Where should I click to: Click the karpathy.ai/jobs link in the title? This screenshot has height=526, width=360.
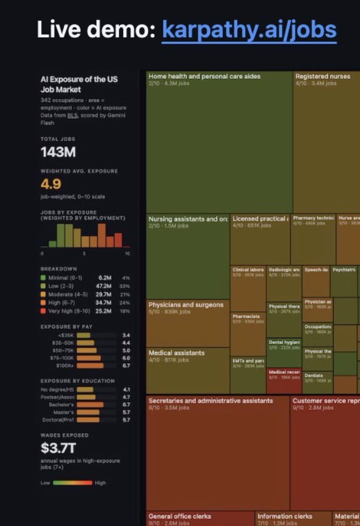[249, 30]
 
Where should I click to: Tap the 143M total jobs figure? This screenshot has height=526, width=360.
[58, 152]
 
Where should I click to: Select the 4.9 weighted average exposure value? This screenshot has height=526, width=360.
[51, 183]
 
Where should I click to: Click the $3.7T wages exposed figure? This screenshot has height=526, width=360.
[58, 448]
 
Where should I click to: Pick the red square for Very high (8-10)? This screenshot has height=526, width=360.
[43, 311]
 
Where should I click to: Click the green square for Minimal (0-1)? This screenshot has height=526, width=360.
[43, 278]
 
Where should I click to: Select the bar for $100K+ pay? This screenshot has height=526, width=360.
[90, 365]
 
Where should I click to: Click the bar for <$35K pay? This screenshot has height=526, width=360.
[83, 335]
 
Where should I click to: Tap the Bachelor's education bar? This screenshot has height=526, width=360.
[90, 405]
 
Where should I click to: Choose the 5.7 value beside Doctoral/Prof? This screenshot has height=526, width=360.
[126, 419]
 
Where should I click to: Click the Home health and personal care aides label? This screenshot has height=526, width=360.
[204, 76]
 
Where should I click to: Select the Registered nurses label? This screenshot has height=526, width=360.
[323, 76]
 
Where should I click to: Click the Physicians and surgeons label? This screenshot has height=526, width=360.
[186, 305]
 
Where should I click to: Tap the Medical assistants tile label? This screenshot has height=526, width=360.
[176, 353]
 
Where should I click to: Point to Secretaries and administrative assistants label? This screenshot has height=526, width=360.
[210, 401]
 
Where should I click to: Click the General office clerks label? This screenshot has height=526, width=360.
[180, 516]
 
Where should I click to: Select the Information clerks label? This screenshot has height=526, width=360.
[285, 516]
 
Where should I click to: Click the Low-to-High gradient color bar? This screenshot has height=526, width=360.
[72, 483]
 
